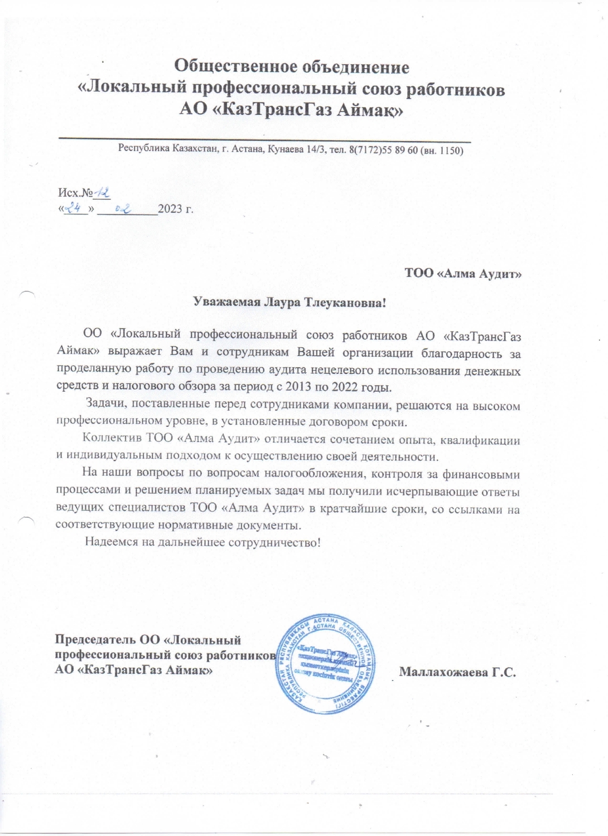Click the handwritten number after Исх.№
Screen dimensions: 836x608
(102, 193)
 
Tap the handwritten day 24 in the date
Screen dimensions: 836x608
(75, 209)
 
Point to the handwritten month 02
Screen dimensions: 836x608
(123, 209)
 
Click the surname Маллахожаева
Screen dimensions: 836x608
(443, 672)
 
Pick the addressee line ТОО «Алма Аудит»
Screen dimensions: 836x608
(463, 273)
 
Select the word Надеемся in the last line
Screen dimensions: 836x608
(111, 542)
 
